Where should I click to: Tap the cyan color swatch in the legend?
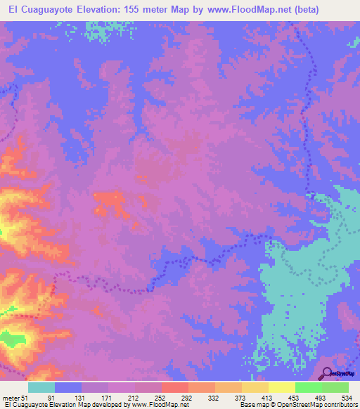[41, 388]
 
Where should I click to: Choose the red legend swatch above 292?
[175, 388]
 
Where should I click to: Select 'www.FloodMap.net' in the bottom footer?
[148, 405]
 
